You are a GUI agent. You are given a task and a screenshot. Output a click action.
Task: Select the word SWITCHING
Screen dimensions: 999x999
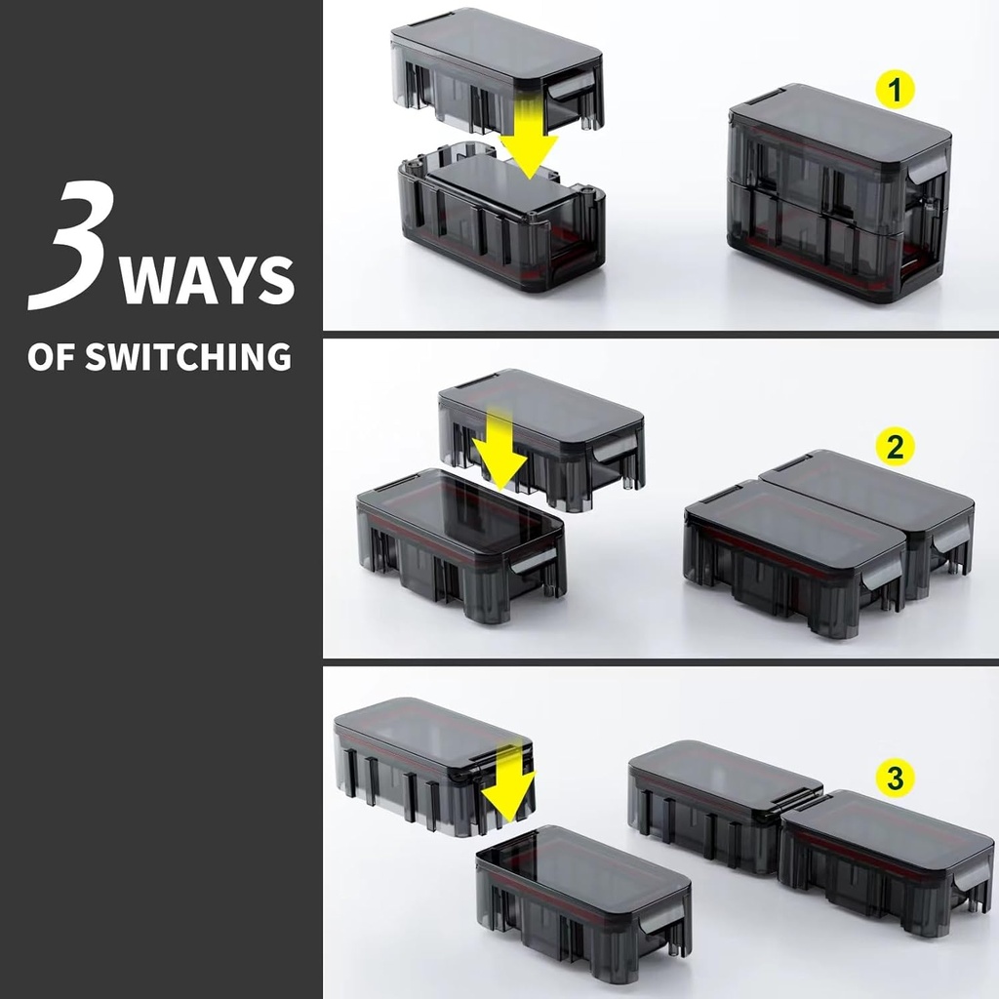click(188, 356)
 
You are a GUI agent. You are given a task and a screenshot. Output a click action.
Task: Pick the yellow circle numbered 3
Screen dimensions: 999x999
click(896, 778)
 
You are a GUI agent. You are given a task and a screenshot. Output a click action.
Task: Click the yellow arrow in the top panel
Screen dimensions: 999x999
click(528, 137)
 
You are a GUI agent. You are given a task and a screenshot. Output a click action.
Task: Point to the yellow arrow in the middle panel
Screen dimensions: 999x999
click(500, 446)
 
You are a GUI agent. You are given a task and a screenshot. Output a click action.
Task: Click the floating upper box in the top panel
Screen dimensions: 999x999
click(497, 69)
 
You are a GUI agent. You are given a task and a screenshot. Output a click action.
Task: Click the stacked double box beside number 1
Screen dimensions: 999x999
click(840, 194)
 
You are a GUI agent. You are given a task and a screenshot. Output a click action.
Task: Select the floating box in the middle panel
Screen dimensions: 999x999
click(541, 440)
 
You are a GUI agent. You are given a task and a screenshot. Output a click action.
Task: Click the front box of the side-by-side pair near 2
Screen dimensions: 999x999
click(794, 557)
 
